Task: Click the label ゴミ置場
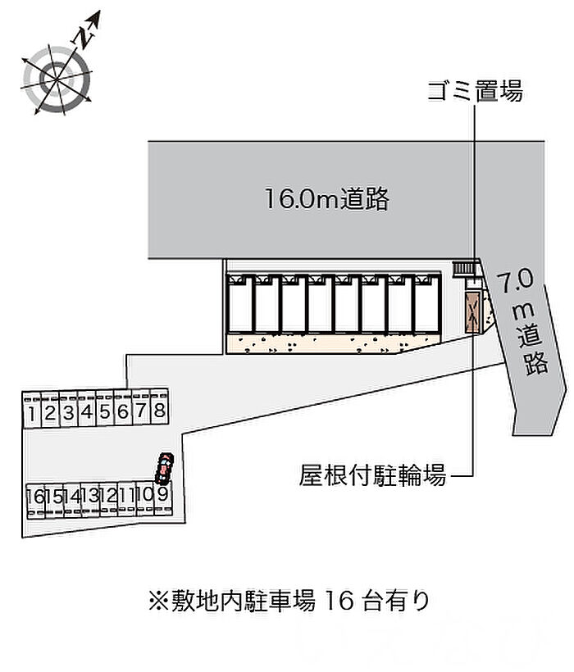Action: pyautogui.click(x=475, y=91)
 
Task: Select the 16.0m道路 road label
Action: pyautogui.click(x=326, y=199)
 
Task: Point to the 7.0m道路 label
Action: pyautogui.click(x=524, y=321)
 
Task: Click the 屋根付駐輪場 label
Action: pyautogui.click(x=372, y=475)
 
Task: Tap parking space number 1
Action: pyautogui.click(x=32, y=409)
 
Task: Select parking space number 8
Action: pyautogui.click(x=159, y=407)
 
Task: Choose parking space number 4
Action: pyautogui.click(x=87, y=408)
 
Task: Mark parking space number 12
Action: pyautogui.click(x=109, y=500)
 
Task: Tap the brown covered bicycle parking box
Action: pyautogui.click(x=472, y=311)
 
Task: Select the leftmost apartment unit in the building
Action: pyautogui.click(x=239, y=304)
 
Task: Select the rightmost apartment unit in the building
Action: pyautogui.click(x=427, y=304)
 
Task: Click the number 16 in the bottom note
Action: pyautogui.click(x=339, y=601)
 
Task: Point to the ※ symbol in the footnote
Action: pyautogui.click(x=158, y=601)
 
